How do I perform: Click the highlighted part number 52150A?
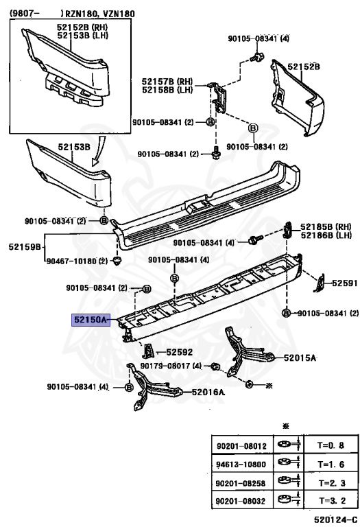(x=91, y=320)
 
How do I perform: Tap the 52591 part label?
(x=344, y=283)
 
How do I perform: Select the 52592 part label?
(x=180, y=352)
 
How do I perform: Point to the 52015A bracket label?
(x=300, y=358)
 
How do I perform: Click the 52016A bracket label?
(x=208, y=392)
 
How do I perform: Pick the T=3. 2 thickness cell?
(x=331, y=501)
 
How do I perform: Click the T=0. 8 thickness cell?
(x=331, y=445)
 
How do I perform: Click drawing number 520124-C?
(x=335, y=519)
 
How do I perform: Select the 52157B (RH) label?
(x=167, y=82)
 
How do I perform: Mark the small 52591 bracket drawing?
(x=320, y=282)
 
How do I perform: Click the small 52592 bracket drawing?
(x=148, y=351)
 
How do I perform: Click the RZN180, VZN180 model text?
(x=99, y=14)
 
